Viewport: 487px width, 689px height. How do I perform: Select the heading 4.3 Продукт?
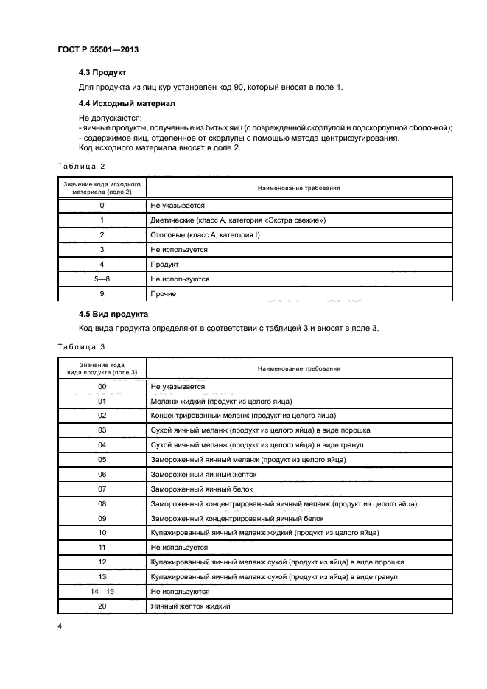pyautogui.click(x=102, y=74)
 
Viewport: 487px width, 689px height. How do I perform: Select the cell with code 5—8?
pyautogui.click(x=102, y=279)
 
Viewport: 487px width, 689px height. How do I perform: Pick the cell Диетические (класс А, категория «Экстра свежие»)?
pyautogui.click(x=237, y=220)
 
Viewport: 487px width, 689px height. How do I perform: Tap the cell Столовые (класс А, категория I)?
pyautogui.click(x=205, y=235)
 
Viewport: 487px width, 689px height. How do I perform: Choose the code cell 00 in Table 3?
pyautogui.click(x=102, y=386)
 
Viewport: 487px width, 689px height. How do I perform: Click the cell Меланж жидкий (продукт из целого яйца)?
pyautogui.click(x=221, y=401)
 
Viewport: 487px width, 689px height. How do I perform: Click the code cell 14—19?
pyautogui.click(x=102, y=591)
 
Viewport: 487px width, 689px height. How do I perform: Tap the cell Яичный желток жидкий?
pyautogui.click(x=190, y=606)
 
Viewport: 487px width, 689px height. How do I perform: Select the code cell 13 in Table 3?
pyautogui.click(x=102, y=576)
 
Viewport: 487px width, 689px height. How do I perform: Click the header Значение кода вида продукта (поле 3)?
pyautogui.click(x=102, y=368)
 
